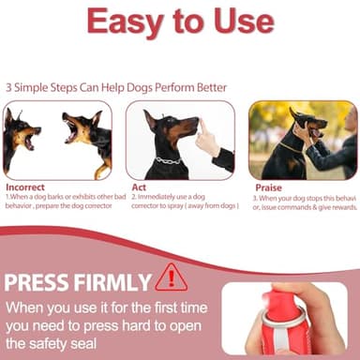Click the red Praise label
[268, 187]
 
